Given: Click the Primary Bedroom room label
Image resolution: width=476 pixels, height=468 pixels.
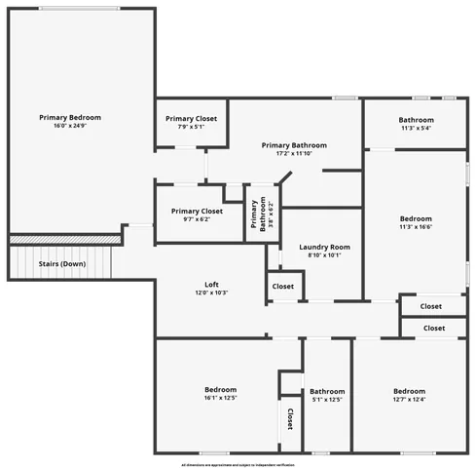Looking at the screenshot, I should (70, 118).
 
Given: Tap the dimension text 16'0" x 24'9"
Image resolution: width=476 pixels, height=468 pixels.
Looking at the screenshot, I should (70, 126).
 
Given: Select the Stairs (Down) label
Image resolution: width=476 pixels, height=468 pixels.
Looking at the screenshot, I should (61, 264).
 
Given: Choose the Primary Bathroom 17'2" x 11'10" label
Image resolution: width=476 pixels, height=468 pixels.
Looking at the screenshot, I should (294, 145).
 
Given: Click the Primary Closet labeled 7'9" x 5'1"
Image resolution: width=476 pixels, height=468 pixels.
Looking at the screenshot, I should (192, 118).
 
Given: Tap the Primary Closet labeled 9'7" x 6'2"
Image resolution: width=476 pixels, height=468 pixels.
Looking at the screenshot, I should (197, 212).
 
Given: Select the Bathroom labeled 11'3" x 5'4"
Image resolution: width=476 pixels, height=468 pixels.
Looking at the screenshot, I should (416, 120).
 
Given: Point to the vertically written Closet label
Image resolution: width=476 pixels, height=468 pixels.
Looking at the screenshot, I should (290, 419).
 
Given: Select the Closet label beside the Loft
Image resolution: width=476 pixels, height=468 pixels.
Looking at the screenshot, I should (283, 287).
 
